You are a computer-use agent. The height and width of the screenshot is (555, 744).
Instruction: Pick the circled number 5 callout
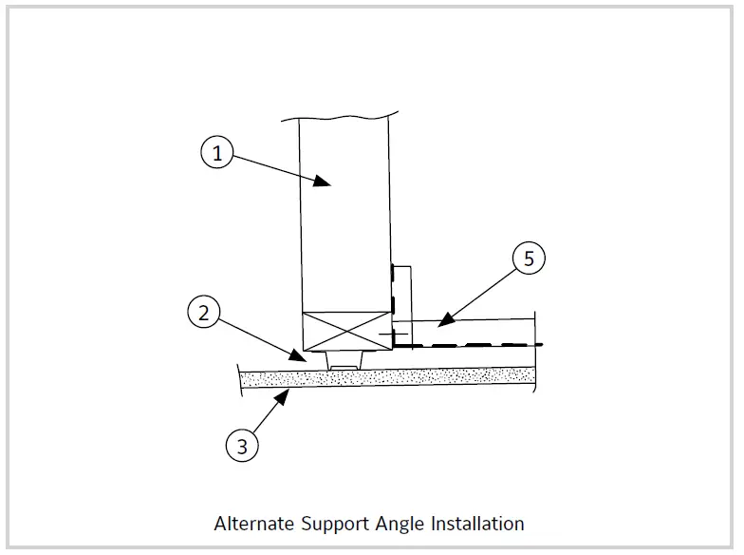pyautogui.click(x=529, y=258)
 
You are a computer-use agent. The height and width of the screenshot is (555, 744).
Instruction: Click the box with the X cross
pyautogui.click(x=344, y=332)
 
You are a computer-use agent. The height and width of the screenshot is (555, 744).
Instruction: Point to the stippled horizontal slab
pyautogui.click(x=389, y=377)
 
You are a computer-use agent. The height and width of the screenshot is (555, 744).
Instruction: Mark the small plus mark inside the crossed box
pyautogui.click(x=381, y=335)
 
